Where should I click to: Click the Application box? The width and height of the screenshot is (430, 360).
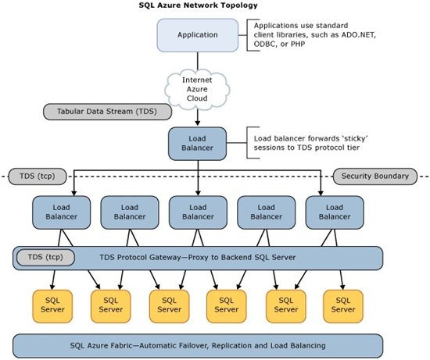(198, 35)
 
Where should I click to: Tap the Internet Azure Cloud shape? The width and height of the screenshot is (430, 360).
(197, 89)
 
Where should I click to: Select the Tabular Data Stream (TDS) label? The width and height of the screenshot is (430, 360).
(108, 112)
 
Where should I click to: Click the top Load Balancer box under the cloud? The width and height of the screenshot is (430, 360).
(198, 144)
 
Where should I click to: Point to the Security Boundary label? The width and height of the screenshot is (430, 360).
(375, 176)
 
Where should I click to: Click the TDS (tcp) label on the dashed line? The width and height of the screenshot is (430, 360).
(38, 176)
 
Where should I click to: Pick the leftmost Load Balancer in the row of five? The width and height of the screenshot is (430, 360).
(62, 212)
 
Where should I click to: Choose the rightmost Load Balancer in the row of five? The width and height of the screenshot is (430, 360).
(335, 212)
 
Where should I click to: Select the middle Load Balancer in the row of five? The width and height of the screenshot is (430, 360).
(198, 212)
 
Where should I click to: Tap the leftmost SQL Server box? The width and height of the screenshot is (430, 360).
(52, 306)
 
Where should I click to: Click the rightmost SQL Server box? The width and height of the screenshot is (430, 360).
(343, 306)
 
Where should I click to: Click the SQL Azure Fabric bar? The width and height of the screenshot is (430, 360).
(198, 346)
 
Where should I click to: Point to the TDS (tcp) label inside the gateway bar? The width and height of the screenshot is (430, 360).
(45, 257)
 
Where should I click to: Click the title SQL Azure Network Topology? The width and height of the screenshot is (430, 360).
(199, 5)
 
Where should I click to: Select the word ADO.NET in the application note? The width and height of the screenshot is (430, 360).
(358, 35)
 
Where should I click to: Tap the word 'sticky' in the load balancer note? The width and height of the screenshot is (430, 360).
(357, 139)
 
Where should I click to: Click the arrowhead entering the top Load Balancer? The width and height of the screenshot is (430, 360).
(198, 123)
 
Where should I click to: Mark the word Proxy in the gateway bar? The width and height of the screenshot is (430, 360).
(196, 258)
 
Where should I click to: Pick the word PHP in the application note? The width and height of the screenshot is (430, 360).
(298, 44)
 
